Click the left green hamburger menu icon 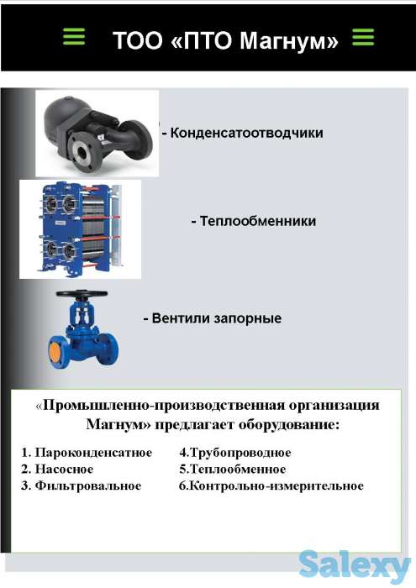tap(74, 37)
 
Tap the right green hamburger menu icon tap(362, 37)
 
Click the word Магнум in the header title tap(283, 40)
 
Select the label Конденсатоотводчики tap(243, 133)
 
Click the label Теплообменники tap(254, 221)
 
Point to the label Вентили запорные tap(212, 318)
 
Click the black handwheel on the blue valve tap(81, 295)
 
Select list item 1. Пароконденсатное tap(87, 453)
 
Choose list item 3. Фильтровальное tap(82, 486)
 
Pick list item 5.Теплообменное tap(233, 470)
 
